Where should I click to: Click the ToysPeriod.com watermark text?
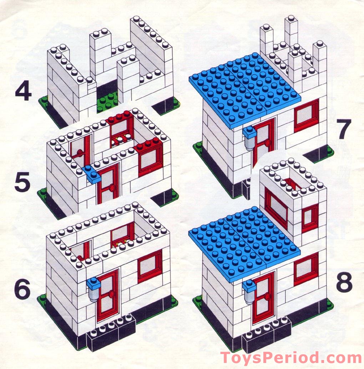pyautogui.click(x=290, y=357)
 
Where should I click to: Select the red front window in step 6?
pyautogui.click(x=150, y=266)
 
